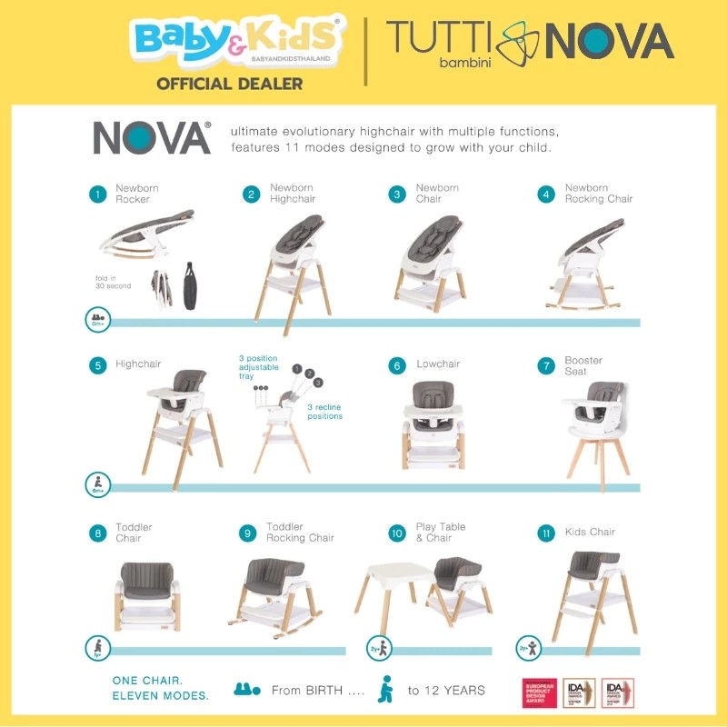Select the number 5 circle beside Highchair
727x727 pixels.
coord(97,365)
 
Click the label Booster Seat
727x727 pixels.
coord(583,365)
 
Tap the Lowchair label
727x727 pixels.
coord(438,364)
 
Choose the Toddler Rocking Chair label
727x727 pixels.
coord(300,533)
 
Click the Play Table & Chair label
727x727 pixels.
coord(441,533)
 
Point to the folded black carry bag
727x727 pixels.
coord(190,285)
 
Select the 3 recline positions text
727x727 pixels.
coord(324,412)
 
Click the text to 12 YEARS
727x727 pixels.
coord(446,691)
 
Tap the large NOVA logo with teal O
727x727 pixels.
coord(152,137)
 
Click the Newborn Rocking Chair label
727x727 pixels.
coord(599,194)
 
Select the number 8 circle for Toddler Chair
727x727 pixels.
coord(97,533)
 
